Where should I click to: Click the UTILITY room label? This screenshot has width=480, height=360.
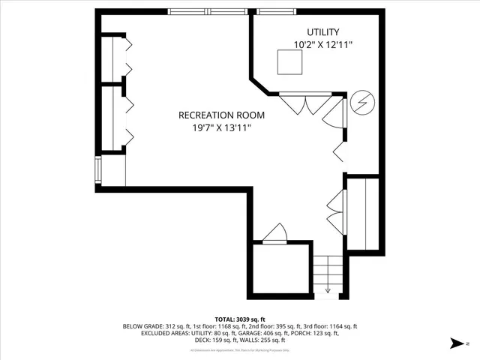[x=322, y=32]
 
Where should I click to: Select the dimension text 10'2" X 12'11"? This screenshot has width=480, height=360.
[x=322, y=45]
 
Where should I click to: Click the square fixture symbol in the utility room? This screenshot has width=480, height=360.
[x=289, y=64]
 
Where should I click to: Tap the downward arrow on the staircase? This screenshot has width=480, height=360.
[x=328, y=288]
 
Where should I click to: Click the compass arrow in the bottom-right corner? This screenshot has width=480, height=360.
[x=454, y=344]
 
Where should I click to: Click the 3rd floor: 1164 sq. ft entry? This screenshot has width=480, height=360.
[x=328, y=326]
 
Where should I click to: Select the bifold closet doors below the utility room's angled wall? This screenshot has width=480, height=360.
[x=303, y=103]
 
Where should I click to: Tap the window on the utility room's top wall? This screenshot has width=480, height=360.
[x=277, y=12]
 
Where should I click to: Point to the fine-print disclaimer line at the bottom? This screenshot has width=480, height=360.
[x=239, y=349]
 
